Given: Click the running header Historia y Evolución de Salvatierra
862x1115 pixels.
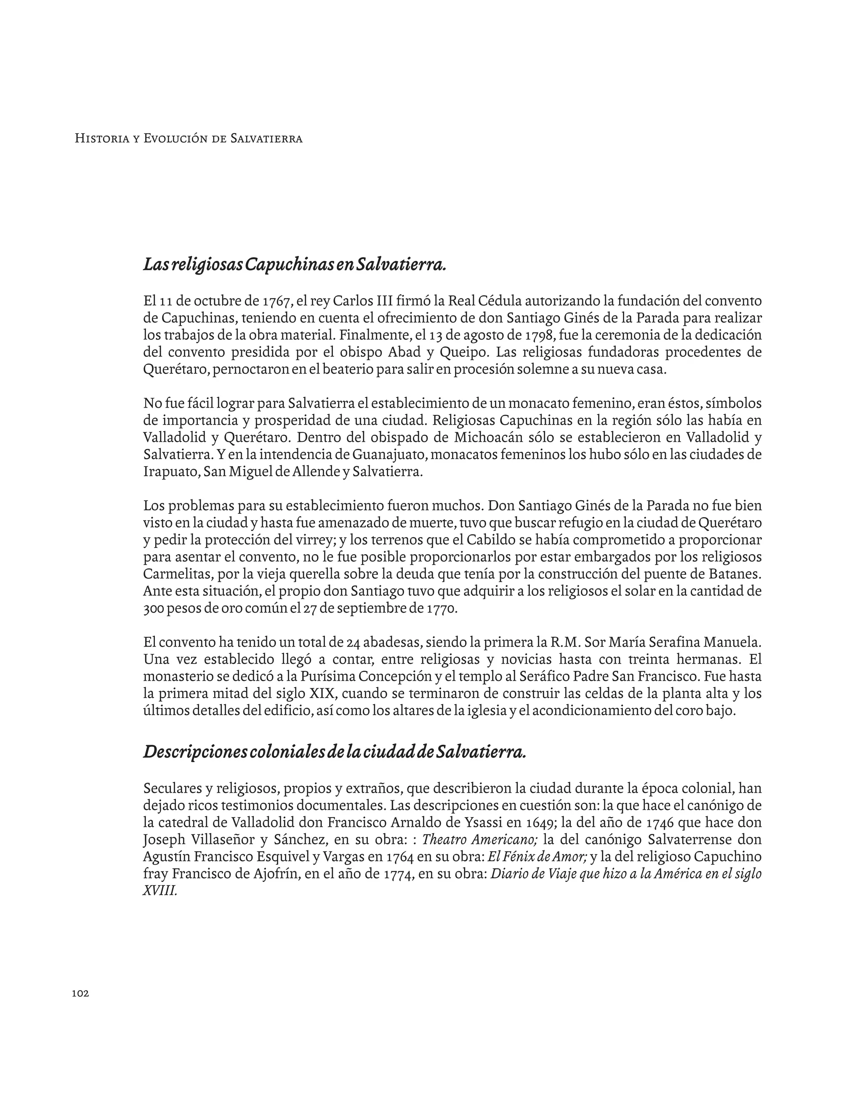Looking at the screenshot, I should pos(189,138).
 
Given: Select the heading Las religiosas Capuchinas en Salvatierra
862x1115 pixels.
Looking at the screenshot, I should pos(295,265).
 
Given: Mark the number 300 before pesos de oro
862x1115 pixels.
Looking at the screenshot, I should pos(153,609).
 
